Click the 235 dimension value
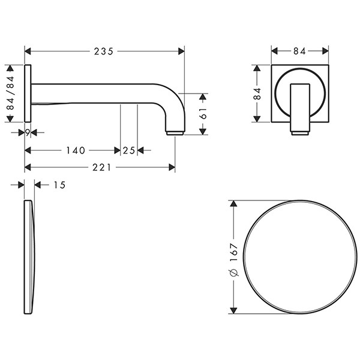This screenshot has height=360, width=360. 104,52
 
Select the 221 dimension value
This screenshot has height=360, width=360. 102,167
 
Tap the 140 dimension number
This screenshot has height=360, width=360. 76,151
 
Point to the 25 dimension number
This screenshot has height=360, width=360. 129,151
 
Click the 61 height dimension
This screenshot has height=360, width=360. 203,113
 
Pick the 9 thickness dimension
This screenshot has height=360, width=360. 28,133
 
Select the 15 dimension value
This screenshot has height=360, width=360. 59,185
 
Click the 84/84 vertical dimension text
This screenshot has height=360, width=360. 10,94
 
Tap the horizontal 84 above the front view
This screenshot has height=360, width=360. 299,51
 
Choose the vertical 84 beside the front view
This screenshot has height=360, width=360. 257,94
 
